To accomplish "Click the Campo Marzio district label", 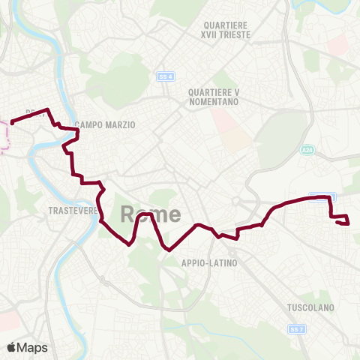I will [105, 125].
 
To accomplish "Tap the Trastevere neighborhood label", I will [73, 211].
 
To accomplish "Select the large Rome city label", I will [150, 214].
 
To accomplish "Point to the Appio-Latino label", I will [209, 263].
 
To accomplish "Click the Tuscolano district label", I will [310, 307].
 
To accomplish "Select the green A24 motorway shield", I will [306, 150].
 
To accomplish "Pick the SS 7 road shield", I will [296, 329].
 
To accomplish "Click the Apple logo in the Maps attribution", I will [13, 347].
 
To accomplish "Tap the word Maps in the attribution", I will [34, 347].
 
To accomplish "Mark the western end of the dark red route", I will [12, 123].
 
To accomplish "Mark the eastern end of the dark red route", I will [349, 223].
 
